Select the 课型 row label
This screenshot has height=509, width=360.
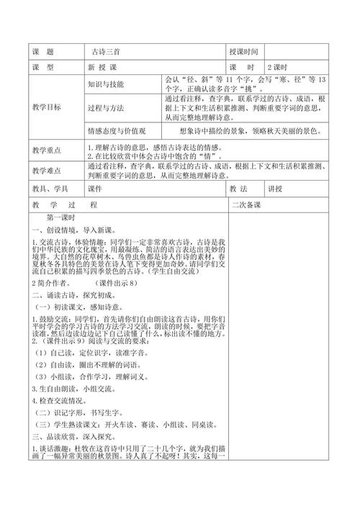[44, 67]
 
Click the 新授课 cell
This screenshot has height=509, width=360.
[102, 67]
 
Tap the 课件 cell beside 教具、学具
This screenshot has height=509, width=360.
[97, 189]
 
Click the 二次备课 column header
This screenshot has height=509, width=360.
[246, 205]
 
